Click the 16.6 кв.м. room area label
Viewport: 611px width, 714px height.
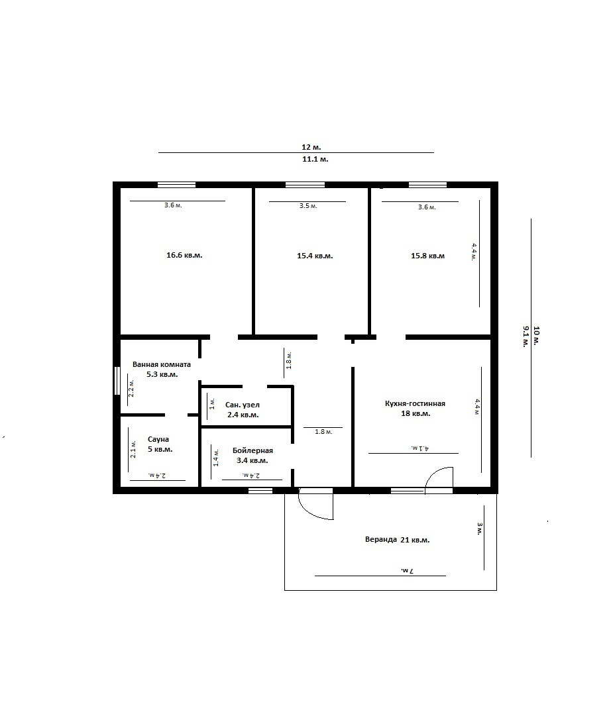tap(184, 256)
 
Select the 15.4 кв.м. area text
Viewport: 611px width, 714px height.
tap(315, 256)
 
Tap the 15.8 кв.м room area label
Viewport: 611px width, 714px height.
tap(428, 256)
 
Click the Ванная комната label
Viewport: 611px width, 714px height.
tap(162, 364)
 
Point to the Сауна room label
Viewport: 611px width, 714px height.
tap(158, 439)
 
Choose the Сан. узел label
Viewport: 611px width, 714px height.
tap(243, 405)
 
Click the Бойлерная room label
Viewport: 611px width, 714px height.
tap(252, 451)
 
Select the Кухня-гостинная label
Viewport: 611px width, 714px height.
tap(415, 403)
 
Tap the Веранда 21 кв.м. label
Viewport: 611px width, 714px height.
tap(398, 540)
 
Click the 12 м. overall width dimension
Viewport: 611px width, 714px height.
tap(311, 147)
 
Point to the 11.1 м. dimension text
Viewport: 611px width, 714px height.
tap(315, 160)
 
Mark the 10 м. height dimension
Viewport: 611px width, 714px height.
tap(536, 336)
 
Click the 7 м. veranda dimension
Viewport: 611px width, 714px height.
tap(407, 570)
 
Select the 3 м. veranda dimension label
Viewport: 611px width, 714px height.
tap(480, 529)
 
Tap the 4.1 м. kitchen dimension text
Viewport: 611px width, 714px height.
tap(420, 448)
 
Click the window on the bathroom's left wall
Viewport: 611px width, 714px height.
tap(117, 381)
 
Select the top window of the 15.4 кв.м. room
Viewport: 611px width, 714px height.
tap(305, 185)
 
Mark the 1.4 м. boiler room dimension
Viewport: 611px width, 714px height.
tap(217, 458)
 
